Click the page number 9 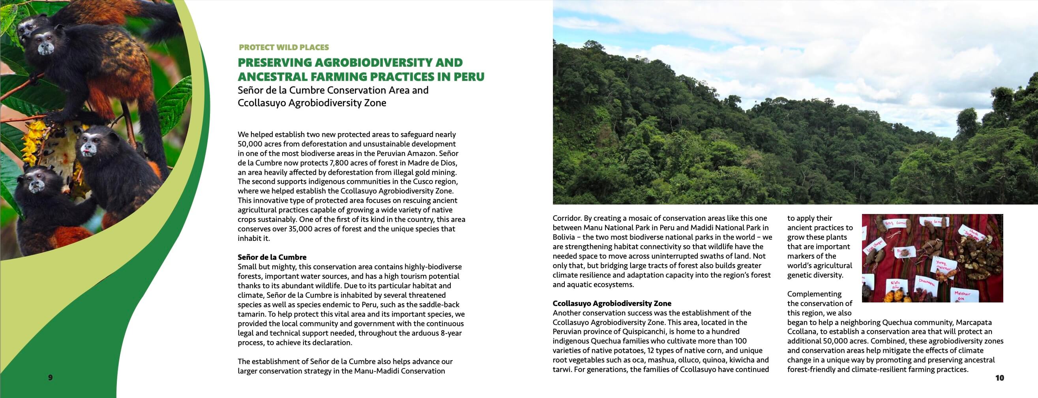(51, 377)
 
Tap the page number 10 (999, 378)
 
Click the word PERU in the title (468, 77)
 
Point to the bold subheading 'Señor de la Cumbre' (272, 257)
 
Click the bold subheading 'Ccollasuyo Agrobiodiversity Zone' (612, 303)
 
